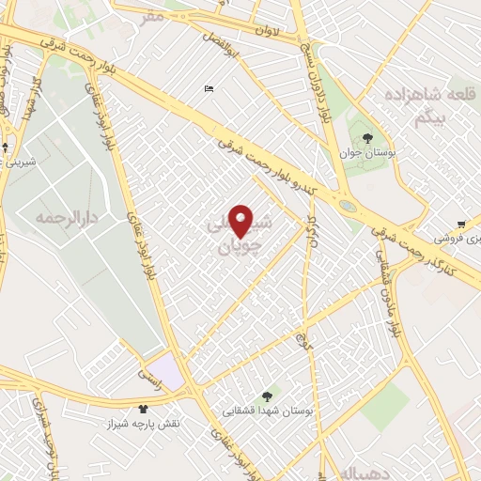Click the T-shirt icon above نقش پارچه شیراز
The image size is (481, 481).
pyautogui.click(x=144, y=409)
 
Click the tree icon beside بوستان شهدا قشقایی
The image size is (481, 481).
pyautogui.click(x=268, y=396)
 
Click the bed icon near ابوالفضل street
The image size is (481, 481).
pyautogui.click(x=209, y=89)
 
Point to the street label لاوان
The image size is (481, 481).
pyautogui.click(x=269, y=31)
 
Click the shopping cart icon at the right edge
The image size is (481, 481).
pyautogui.click(x=461, y=224)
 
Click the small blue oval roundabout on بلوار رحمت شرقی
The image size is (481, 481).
pyautogui.click(x=348, y=206)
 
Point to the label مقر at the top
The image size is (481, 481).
pyautogui.click(x=152, y=15)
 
